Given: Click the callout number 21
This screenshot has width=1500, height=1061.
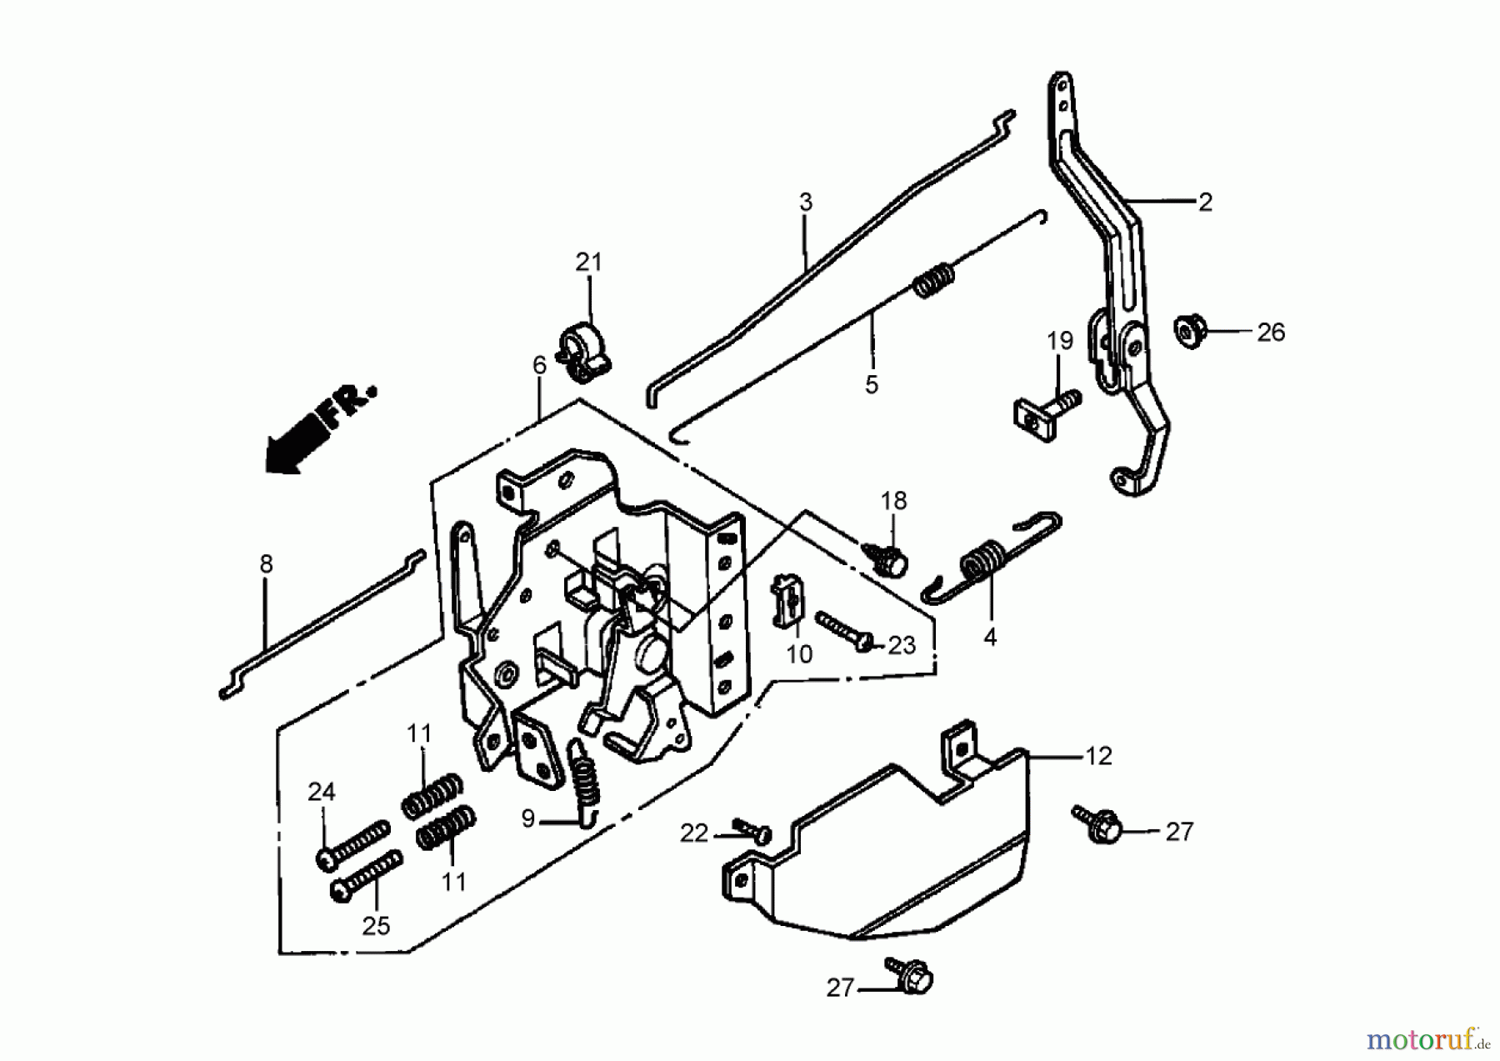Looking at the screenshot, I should point(588,262).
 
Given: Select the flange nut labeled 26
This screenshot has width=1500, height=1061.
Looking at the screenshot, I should point(1191,330).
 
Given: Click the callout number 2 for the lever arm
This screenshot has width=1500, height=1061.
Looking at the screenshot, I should point(1205,202).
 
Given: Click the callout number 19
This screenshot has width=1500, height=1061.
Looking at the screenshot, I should point(1059,341).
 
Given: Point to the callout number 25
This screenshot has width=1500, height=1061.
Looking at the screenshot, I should point(376,926).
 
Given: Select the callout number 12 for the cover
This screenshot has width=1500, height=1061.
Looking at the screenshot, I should point(1098,756).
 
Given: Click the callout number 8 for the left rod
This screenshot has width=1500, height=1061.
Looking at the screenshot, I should point(266,564).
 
